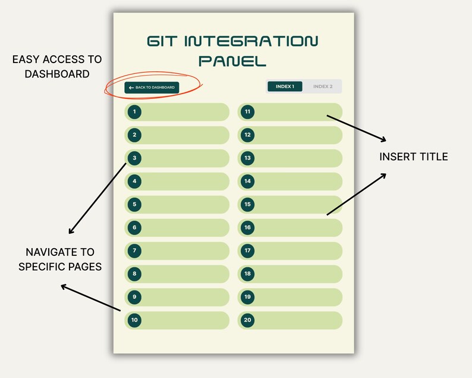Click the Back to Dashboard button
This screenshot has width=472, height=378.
pos(152,88)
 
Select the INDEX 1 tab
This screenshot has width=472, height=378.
pos(285,86)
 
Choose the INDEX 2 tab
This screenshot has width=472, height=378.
pos(323,86)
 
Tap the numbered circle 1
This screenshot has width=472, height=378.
pos(135,111)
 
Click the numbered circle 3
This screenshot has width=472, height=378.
pos(135,158)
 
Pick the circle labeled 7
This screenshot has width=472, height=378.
pos(135,251)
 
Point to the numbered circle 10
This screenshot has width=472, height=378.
pos(135,320)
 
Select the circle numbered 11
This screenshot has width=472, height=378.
pos(248,111)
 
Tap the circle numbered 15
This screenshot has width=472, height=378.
pos(248,204)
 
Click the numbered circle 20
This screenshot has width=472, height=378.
pos(248,320)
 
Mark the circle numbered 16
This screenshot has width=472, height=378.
pos(248,227)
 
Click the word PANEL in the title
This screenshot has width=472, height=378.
pos(232,61)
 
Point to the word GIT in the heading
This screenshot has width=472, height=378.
pos(162,41)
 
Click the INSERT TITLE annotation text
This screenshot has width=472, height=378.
pos(414,157)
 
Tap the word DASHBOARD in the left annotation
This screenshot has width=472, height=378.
pos(58,74)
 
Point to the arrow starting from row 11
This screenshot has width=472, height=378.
pos(356,128)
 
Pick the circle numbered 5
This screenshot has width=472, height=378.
pos(135,204)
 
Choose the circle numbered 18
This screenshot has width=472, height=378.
pos(248,274)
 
